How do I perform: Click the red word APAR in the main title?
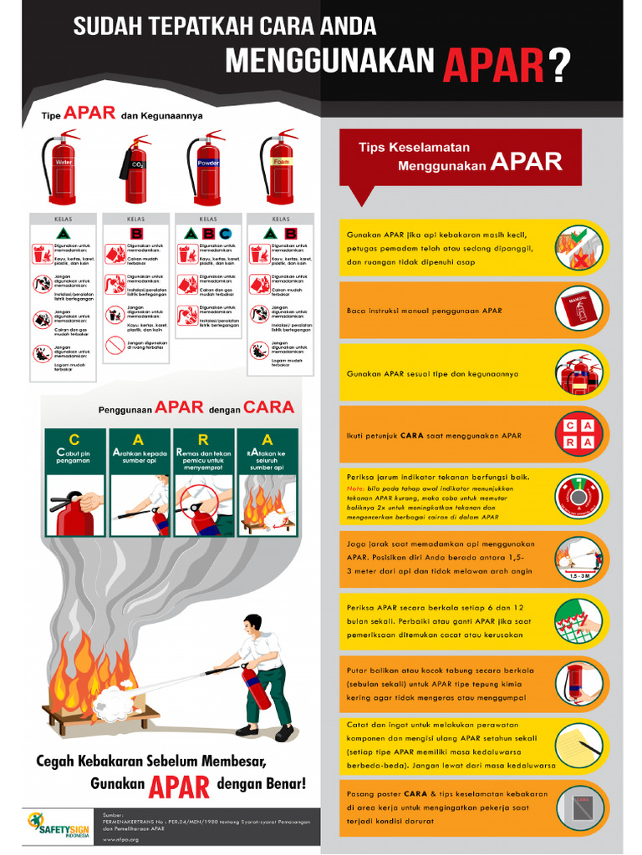click(x=494, y=63)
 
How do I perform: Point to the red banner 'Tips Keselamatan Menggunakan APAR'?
click(x=460, y=156)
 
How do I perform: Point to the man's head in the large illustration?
click(x=252, y=624)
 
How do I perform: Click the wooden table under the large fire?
click(x=101, y=715)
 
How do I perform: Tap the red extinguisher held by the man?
click(x=256, y=685)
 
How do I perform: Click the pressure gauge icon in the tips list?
click(x=579, y=497)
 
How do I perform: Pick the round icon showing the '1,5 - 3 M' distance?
click(x=579, y=559)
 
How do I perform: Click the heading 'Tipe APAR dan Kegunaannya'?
click(x=122, y=114)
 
